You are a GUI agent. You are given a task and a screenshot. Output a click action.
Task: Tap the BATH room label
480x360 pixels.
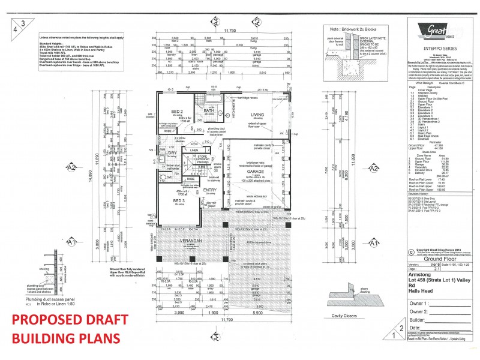point(209,110)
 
